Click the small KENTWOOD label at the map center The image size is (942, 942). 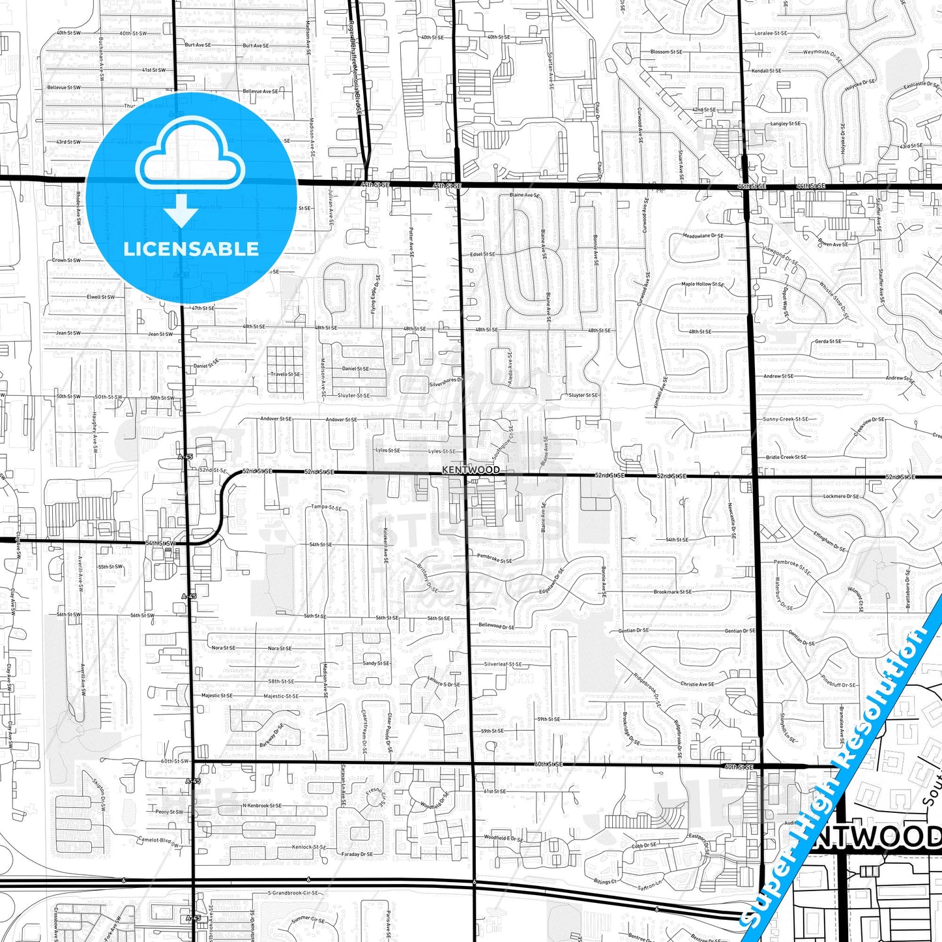pyautogui.click(x=471, y=469)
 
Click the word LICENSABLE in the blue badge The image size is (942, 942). pyautogui.click(x=191, y=248)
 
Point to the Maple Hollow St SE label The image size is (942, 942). pyautogui.click(x=702, y=284)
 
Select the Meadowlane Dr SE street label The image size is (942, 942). pyautogui.click(x=703, y=236)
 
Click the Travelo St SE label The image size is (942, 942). pyautogui.click(x=286, y=374)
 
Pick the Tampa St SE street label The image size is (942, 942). pyautogui.click(x=326, y=507)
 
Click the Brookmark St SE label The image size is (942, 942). pyautogui.click(x=673, y=592)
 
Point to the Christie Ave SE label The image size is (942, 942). pyautogui.click(x=697, y=684)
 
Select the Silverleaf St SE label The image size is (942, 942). pyautogui.click(x=503, y=664)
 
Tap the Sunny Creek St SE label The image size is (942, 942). pyautogui.click(x=786, y=419)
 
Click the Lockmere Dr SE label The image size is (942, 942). pyautogui.click(x=841, y=496)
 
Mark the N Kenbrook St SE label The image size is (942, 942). pyautogui.click(x=262, y=806)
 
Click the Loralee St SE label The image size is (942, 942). pyautogui.click(x=771, y=33)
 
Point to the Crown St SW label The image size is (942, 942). pyautogui.click(x=66, y=260)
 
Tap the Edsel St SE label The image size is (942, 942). pyautogui.click(x=482, y=254)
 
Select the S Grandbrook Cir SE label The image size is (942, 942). pyautogui.click(x=293, y=893)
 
